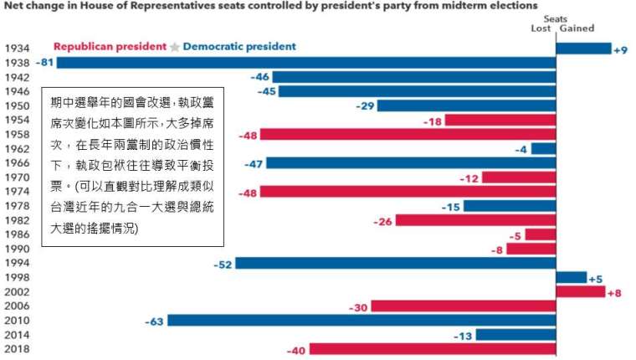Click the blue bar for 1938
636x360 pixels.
(x=305, y=63)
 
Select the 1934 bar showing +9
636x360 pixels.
(x=583, y=49)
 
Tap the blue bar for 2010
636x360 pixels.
(x=361, y=321)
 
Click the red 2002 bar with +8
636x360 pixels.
(x=580, y=292)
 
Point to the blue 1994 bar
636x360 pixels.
(x=397, y=264)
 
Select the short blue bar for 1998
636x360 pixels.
(x=571, y=278)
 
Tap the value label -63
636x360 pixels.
(x=154, y=321)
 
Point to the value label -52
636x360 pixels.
(x=222, y=264)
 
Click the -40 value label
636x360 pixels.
(x=296, y=351)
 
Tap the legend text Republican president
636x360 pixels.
(x=110, y=47)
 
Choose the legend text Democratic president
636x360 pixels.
(x=238, y=47)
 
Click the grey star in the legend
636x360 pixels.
(x=174, y=48)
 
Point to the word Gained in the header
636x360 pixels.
(x=577, y=28)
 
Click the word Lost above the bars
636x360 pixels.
(x=541, y=28)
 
